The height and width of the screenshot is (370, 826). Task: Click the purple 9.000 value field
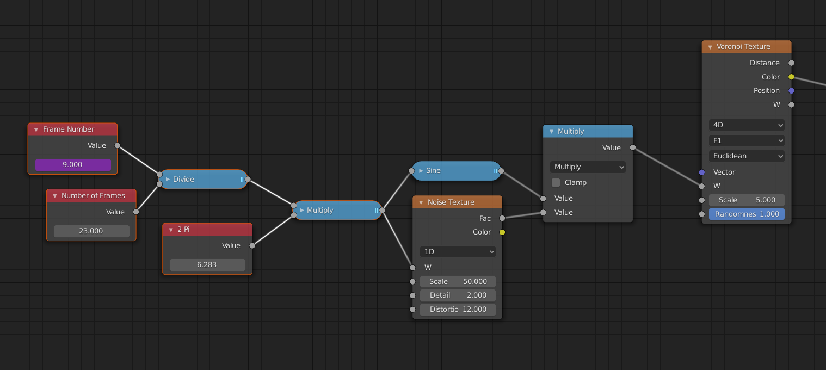[73, 164]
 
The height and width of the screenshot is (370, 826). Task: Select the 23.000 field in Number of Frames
[91, 231]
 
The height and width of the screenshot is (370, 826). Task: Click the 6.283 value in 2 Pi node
[207, 264]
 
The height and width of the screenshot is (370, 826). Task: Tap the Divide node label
[183, 179]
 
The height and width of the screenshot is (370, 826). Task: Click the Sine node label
[433, 170]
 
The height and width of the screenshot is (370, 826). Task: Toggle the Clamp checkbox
[556, 183]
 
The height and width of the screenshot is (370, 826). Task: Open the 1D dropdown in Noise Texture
[458, 251]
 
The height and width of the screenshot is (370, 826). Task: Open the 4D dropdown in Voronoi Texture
[747, 125]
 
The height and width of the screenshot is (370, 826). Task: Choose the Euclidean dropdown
[747, 156]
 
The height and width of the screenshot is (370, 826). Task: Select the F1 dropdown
[747, 140]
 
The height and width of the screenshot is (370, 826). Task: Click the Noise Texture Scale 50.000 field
[458, 281]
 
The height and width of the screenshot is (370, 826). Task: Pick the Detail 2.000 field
[458, 295]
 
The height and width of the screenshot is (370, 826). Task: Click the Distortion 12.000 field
[458, 309]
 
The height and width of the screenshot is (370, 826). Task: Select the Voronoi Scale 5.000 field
[747, 200]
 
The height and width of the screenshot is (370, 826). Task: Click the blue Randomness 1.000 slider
[747, 214]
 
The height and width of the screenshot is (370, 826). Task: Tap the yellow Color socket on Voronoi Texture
[791, 77]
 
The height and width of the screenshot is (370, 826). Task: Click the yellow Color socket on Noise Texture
[502, 232]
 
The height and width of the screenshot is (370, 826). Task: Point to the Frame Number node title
[69, 129]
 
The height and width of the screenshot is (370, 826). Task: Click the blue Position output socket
[791, 91]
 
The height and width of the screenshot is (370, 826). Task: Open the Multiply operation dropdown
[588, 166]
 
